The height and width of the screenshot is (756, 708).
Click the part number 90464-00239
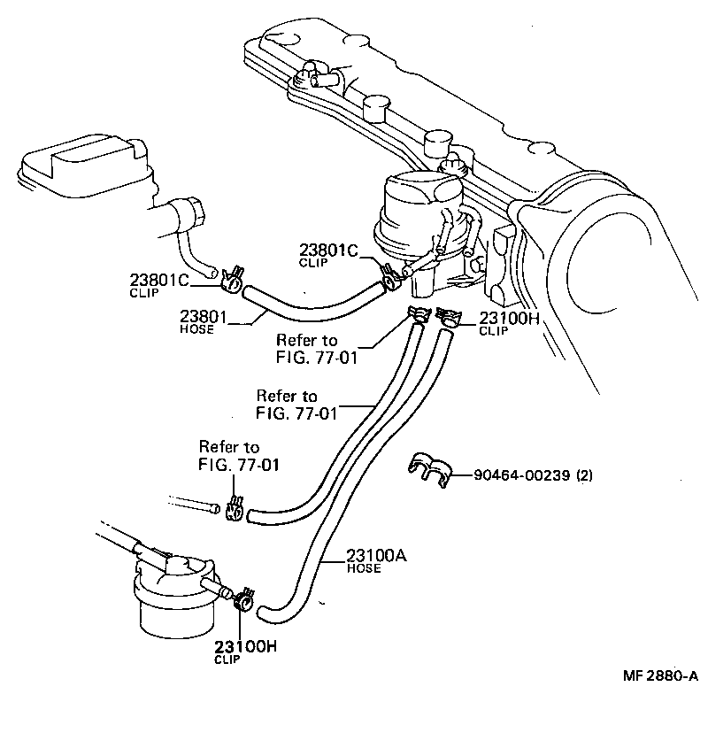pyautogui.click(x=522, y=474)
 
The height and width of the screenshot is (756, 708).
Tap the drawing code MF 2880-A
pyautogui.click(x=659, y=675)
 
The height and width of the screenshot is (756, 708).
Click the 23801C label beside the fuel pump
pyautogui.click(x=328, y=251)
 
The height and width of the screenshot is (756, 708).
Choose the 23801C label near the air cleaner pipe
pyautogui.click(x=159, y=281)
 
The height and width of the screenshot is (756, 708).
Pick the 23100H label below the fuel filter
pyautogui.click(x=245, y=646)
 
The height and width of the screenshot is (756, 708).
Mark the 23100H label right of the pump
pyautogui.click(x=510, y=319)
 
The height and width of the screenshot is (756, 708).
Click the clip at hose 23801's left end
pyautogui.click(x=233, y=279)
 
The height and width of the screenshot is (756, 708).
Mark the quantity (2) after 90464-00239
pyautogui.click(x=584, y=474)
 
